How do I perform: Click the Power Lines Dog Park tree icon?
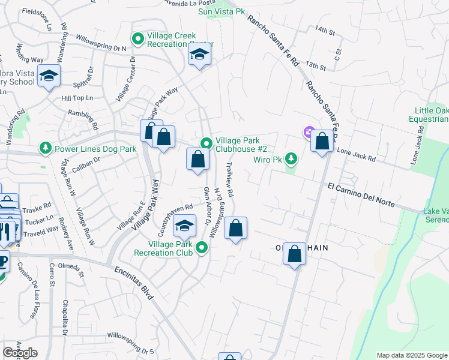coord(45,148)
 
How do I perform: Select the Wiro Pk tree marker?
coord(291,158)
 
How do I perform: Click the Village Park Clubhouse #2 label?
coord(241,143)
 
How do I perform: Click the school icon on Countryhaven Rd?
coord(184,226)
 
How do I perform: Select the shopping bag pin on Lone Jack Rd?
coord(322,142)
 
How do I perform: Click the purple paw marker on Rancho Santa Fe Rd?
coord(309,132)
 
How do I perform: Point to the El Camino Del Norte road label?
coord(361,196)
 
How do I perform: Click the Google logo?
coord(20,353)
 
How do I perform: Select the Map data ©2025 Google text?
coord(412,355)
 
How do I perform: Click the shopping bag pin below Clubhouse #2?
coord(197,160)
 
